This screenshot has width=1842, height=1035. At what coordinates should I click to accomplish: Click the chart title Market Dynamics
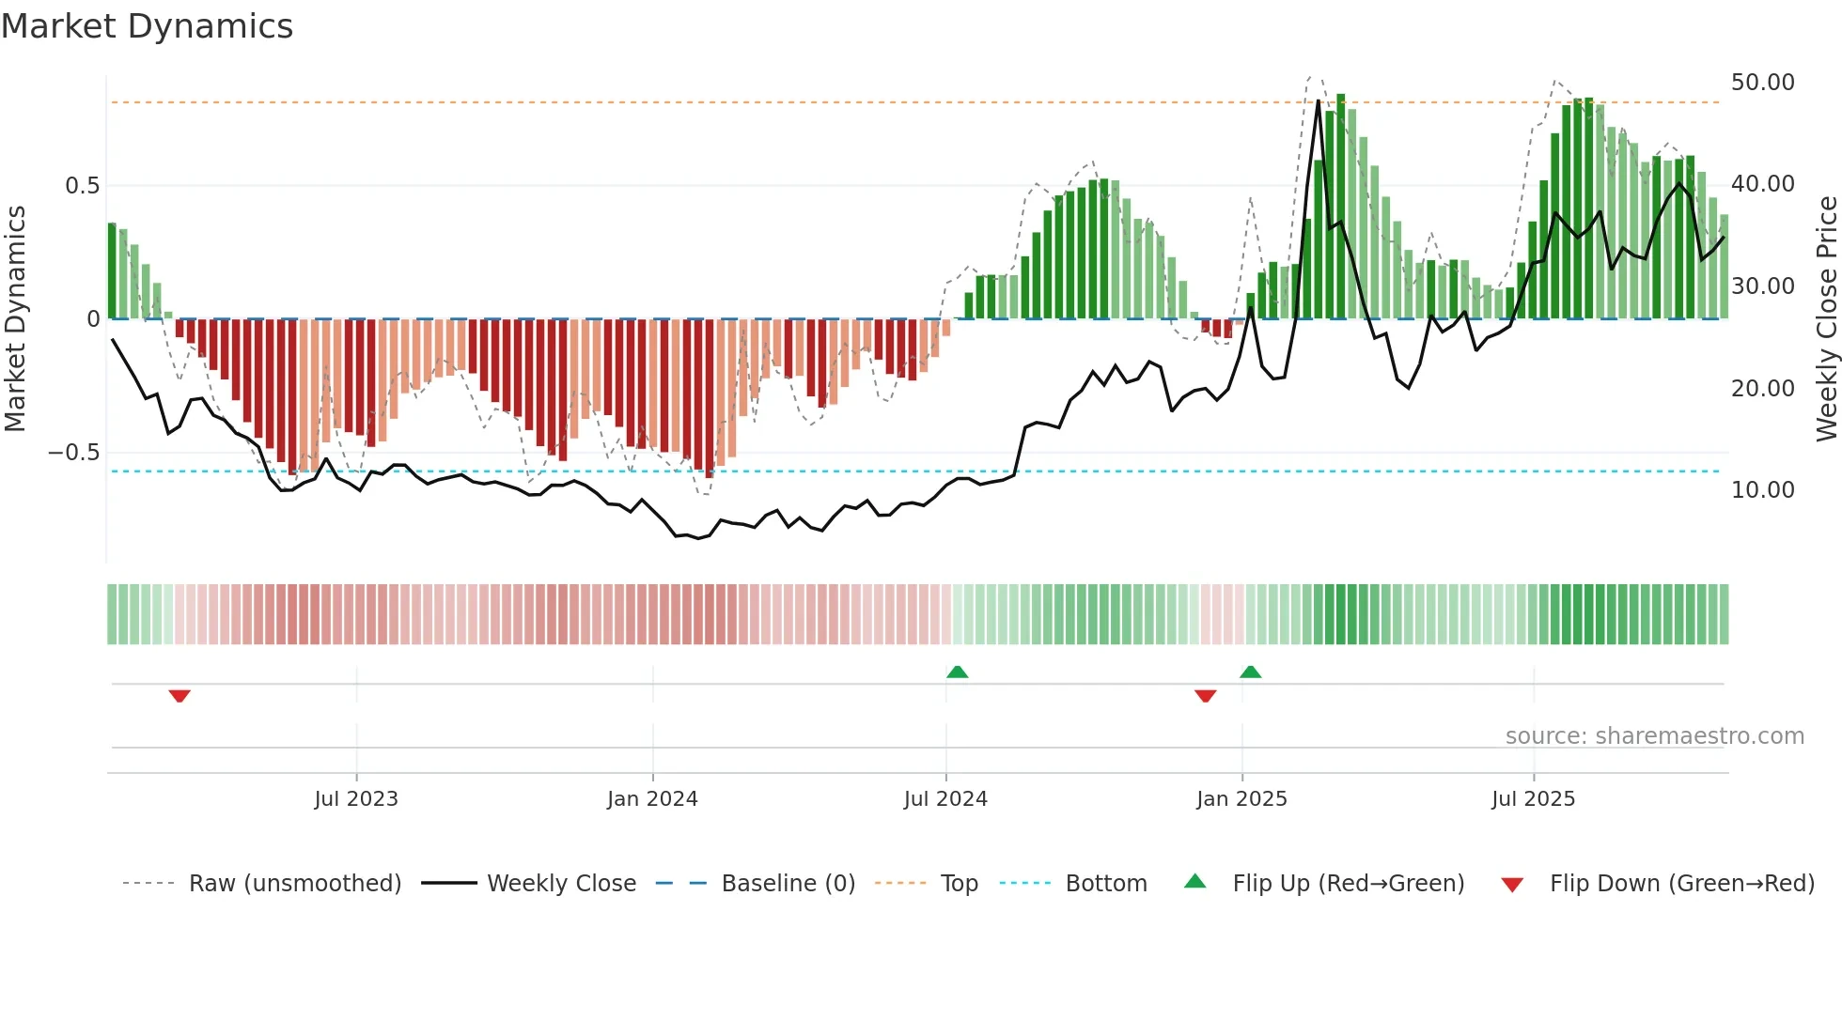(147, 26)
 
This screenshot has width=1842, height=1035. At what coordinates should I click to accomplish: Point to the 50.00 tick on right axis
(1762, 83)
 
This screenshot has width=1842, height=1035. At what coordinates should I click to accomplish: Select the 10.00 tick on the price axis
(1762, 489)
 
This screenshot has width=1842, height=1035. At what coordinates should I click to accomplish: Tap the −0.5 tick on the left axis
(74, 453)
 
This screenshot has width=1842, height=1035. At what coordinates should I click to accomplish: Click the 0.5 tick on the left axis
(82, 186)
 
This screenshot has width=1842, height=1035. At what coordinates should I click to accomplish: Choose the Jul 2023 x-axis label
(356, 799)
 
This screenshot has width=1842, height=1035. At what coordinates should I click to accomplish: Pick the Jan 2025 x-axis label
(1241, 799)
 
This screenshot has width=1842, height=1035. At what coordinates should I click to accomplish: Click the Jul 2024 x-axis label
(945, 799)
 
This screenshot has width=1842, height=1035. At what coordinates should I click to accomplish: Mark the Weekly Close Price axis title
(1826, 319)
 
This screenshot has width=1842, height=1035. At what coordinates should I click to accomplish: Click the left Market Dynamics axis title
(15, 319)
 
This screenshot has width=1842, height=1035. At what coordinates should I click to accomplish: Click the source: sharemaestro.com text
(1654, 736)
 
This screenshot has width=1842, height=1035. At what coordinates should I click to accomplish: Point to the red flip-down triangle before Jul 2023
(180, 696)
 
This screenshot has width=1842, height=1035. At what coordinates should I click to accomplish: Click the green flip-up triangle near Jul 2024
(957, 672)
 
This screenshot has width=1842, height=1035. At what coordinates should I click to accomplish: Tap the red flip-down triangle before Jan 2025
(1206, 696)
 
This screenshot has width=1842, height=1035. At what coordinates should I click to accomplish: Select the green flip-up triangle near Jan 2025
(1250, 672)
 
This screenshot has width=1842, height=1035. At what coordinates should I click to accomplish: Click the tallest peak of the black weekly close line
(1319, 101)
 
